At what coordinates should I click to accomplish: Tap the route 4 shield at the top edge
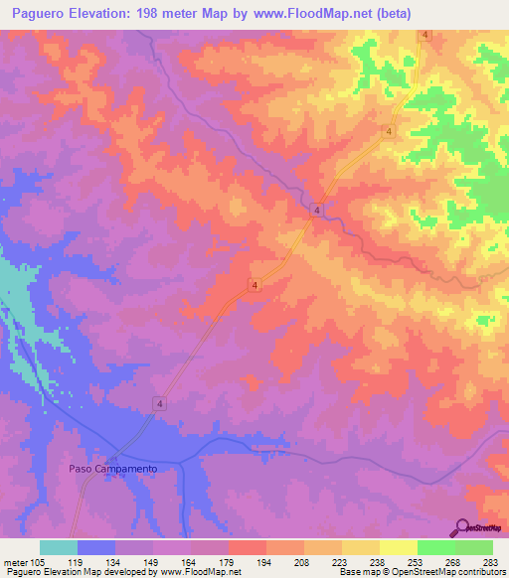[x=424, y=35]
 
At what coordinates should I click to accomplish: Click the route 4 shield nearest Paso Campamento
[x=158, y=402]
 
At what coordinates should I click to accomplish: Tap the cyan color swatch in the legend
[x=59, y=547]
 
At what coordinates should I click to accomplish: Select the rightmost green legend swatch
[x=473, y=547]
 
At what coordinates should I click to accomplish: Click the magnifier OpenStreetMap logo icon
[x=462, y=527]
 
